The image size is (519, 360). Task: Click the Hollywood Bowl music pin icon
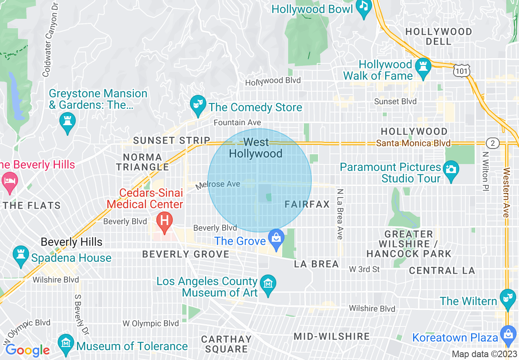point(363,7)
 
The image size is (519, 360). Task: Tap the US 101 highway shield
point(461,70)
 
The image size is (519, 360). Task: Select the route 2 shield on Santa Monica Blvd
point(493,143)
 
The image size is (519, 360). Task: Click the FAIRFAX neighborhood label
point(307,204)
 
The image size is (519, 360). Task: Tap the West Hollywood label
point(256,148)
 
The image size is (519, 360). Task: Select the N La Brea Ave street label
point(340,214)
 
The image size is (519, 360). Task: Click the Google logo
point(27,350)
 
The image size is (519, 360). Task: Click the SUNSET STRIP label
point(171,140)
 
